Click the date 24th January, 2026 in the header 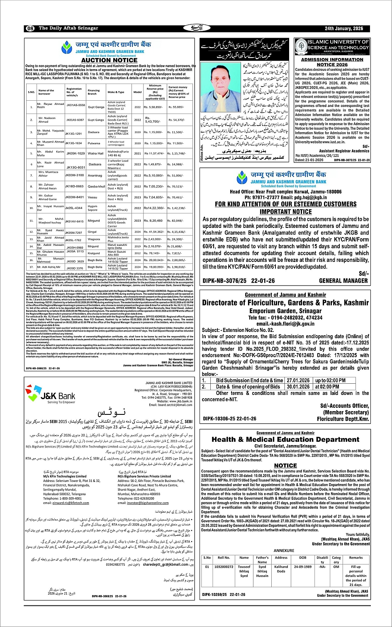(344, 28)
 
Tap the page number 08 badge (30, 28)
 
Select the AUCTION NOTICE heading (109, 60)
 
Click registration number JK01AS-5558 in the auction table (75, 105)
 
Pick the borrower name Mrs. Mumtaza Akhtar (49, 174)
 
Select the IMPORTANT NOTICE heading (285, 211)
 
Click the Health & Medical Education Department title (285, 440)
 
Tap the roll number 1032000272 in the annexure (224, 566)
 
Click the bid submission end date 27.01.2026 (298, 380)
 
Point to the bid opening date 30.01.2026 (298, 387)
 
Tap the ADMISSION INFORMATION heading (332, 60)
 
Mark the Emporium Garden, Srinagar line (285, 311)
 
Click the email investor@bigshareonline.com (142, 503)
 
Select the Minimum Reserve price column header (155, 92)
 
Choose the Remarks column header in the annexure (355, 557)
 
